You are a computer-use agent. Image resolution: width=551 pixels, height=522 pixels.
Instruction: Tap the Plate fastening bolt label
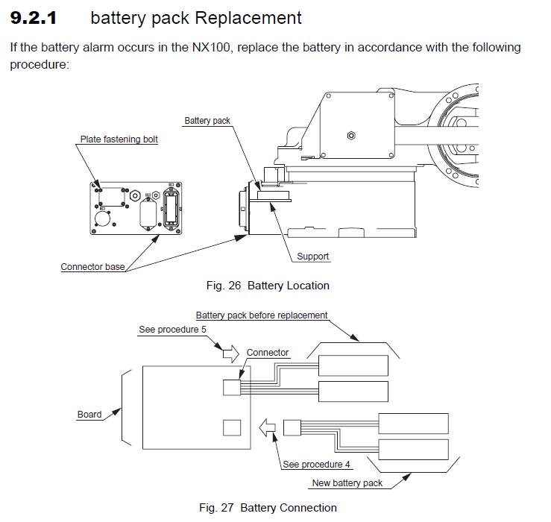119,139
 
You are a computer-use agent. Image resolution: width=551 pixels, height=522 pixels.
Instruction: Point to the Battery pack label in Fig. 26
207,120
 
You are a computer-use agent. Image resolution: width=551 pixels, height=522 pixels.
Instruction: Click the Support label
312,257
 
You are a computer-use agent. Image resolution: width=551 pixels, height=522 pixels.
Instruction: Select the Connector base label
92,266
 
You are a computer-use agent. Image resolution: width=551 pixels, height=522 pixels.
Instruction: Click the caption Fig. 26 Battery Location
267,286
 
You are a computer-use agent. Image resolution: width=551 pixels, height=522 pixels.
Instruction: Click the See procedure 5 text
172,330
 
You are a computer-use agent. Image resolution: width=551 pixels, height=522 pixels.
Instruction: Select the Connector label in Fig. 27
267,352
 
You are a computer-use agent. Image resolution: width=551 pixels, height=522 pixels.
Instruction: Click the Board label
89,415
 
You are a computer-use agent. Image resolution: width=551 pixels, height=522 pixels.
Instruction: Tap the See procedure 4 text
316,464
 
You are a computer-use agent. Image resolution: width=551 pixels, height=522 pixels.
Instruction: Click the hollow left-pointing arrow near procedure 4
267,428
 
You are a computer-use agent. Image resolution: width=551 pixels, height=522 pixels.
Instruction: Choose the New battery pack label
347,482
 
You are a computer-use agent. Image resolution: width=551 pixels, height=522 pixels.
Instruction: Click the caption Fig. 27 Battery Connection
268,508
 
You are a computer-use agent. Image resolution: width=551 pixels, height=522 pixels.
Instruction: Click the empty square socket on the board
233,427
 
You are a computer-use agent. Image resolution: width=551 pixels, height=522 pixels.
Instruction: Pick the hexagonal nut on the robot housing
351,136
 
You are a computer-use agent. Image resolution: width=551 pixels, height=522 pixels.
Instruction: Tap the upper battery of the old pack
353,365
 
